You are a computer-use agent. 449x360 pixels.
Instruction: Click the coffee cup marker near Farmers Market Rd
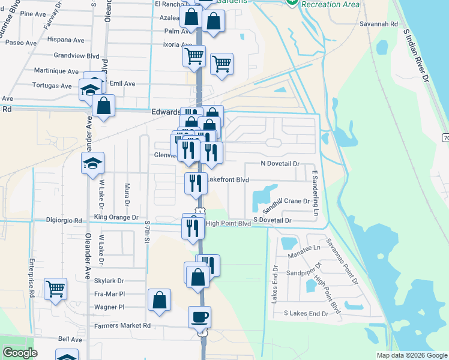point(199,317)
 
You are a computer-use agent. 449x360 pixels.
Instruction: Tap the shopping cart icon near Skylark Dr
point(55,289)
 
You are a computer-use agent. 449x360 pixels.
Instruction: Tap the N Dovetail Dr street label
point(279,163)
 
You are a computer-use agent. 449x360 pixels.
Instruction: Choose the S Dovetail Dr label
point(272,221)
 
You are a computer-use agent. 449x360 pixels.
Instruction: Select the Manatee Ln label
point(304,247)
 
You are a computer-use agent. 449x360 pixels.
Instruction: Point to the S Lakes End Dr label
point(306,313)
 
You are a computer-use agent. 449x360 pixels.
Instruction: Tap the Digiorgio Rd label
point(64,220)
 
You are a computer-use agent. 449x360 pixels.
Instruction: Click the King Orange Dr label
point(116,217)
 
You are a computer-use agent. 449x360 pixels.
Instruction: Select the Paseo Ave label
point(21,43)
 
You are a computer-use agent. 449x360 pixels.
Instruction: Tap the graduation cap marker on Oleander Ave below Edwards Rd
point(92,164)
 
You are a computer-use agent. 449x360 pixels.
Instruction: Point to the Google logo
point(20,353)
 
